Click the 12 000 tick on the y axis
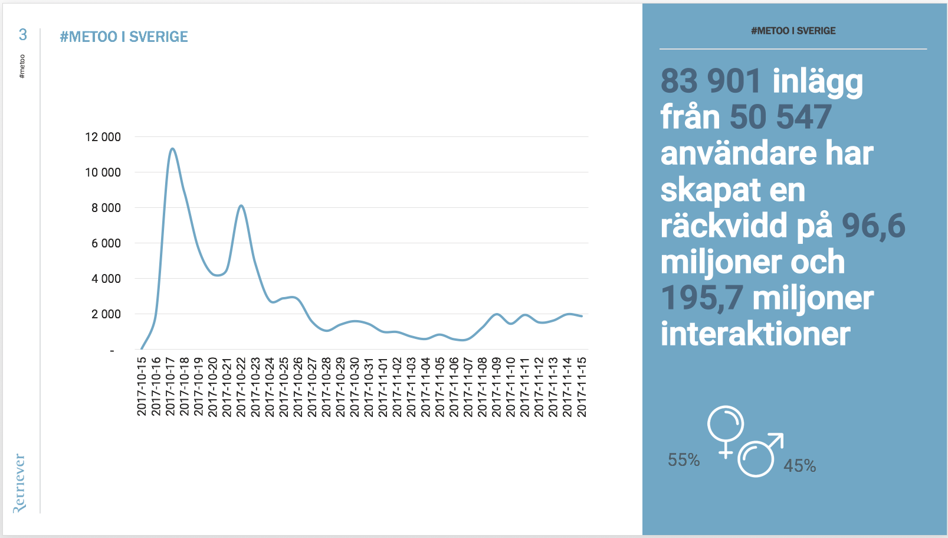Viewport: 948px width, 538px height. (103, 137)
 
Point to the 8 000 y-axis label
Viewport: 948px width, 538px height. (106, 208)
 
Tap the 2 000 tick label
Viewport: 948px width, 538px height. (106, 314)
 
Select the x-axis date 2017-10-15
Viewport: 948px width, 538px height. (142, 386)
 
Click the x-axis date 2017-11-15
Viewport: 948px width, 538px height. (582, 386)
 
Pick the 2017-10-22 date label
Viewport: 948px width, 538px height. (241, 386)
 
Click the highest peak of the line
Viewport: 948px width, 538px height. (172, 149)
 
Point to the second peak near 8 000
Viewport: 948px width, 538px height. (241, 206)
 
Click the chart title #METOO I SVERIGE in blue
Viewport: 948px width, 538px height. (124, 37)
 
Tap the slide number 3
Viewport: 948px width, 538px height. (23, 35)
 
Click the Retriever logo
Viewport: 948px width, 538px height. (19, 482)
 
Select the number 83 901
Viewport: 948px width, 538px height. (711, 81)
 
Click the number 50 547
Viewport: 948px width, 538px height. (780, 117)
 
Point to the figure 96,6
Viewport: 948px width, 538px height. (873, 226)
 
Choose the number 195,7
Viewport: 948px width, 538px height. (701, 298)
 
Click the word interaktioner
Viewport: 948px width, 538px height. (755, 334)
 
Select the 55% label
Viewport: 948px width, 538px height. (684, 460)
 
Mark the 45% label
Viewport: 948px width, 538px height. (799, 466)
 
